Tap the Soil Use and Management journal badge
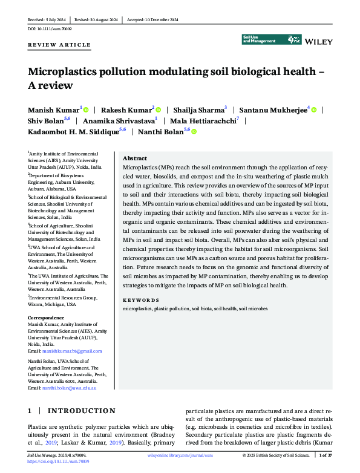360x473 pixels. [x=272, y=39]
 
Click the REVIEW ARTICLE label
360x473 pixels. [x=59, y=45]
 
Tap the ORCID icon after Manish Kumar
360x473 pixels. [x=86, y=109]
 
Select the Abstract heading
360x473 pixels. [x=135, y=157]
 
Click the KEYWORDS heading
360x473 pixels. [x=141, y=300]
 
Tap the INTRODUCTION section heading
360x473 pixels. [x=81, y=411]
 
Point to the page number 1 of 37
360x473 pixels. [x=326, y=455]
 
